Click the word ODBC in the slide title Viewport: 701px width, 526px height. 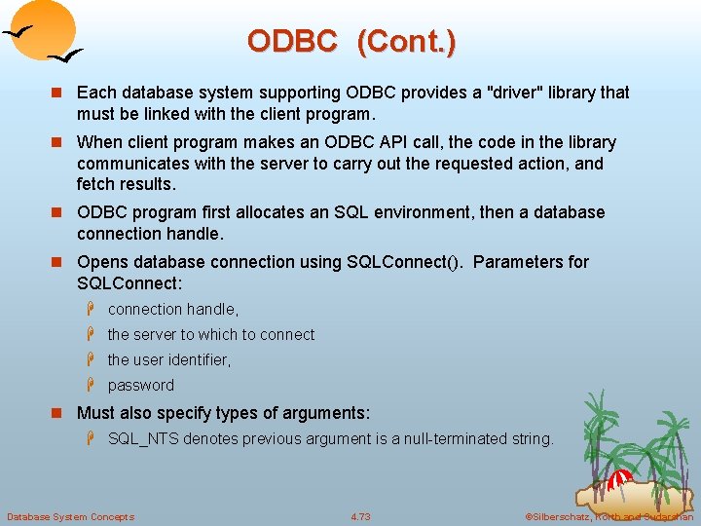[x=292, y=41]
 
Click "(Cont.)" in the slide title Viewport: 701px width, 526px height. [x=406, y=41]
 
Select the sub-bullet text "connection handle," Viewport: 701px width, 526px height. [x=173, y=309]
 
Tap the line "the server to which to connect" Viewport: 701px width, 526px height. [x=211, y=334]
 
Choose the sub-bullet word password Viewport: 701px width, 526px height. [x=141, y=385]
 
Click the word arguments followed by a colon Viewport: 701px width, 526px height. [x=328, y=413]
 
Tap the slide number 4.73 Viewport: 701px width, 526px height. [x=360, y=516]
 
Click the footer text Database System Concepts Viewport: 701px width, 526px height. [x=70, y=516]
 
